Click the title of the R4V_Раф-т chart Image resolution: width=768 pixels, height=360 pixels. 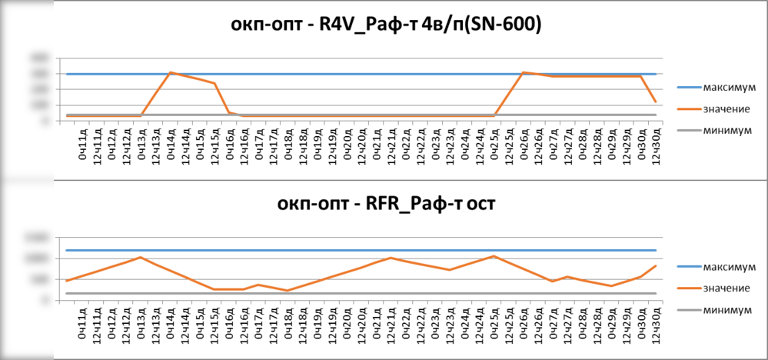(388, 25)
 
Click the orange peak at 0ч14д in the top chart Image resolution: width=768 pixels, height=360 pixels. (171, 72)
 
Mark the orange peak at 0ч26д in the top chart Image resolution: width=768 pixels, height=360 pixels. (523, 72)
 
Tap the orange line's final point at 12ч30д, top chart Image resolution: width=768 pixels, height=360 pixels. (656, 102)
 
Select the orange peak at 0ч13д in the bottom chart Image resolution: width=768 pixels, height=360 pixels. (141, 257)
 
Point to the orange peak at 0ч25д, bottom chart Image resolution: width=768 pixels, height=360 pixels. (494, 256)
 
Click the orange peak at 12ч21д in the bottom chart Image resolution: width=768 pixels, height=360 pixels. (391, 258)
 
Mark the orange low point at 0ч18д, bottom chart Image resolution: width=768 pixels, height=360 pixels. (288, 291)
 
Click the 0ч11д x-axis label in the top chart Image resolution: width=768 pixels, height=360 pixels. (82, 145)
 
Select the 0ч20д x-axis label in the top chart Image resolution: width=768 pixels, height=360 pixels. (347, 145)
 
